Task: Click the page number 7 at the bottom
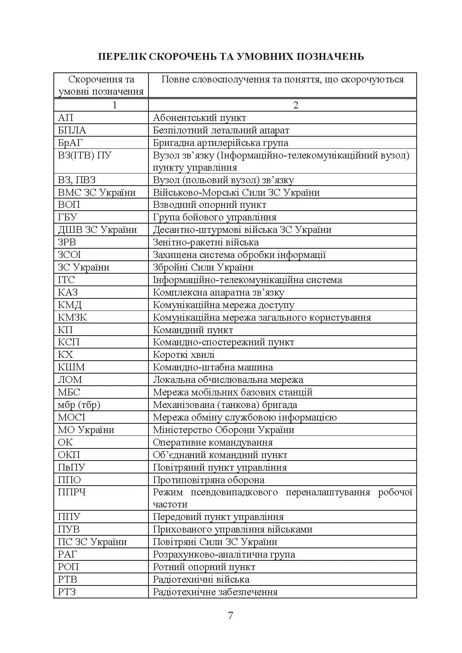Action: pos(231,616)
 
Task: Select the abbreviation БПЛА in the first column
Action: pos(72,130)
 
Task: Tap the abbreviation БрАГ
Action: pos(71,143)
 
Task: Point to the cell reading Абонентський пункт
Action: pos(199,118)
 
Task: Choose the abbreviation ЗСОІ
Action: pos(70,255)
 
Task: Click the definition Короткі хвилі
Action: pos(184,355)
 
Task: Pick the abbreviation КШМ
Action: pos(72,367)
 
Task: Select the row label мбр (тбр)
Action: pos(79,405)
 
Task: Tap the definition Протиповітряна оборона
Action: pos(209,480)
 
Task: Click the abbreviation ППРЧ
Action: pos(72,492)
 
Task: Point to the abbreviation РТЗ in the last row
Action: pos(67,592)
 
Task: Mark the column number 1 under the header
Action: pos(114,105)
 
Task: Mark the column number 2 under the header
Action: pos(296,105)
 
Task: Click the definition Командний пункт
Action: pos(193,330)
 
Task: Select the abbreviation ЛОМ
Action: pos(70,380)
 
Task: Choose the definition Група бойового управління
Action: pos(215,217)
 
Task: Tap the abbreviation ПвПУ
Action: pos(72,467)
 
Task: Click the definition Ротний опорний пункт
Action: pos(204,567)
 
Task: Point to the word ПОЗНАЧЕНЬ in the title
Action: pos(331,56)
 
